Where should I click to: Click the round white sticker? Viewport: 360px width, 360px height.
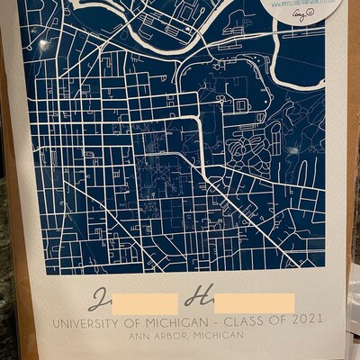click(302, 11)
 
